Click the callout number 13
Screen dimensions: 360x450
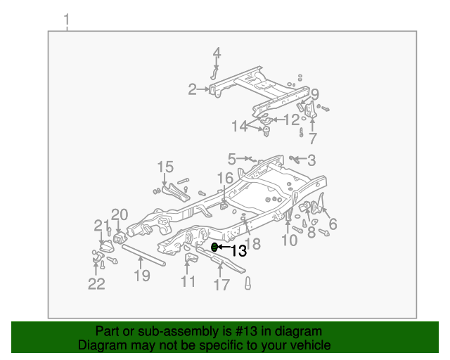point(238,250)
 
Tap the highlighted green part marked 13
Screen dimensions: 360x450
point(214,247)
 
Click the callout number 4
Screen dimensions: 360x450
point(217,53)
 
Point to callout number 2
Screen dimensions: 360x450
point(192,89)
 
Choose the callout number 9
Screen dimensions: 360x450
point(315,94)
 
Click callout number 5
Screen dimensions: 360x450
point(231,159)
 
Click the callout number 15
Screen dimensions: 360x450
point(165,167)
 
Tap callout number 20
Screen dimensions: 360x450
point(119,214)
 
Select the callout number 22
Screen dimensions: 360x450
point(96,283)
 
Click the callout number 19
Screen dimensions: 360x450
point(142,276)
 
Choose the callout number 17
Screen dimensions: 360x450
point(221,285)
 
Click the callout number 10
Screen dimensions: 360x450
point(289,240)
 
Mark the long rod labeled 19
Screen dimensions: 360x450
point(144,255)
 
